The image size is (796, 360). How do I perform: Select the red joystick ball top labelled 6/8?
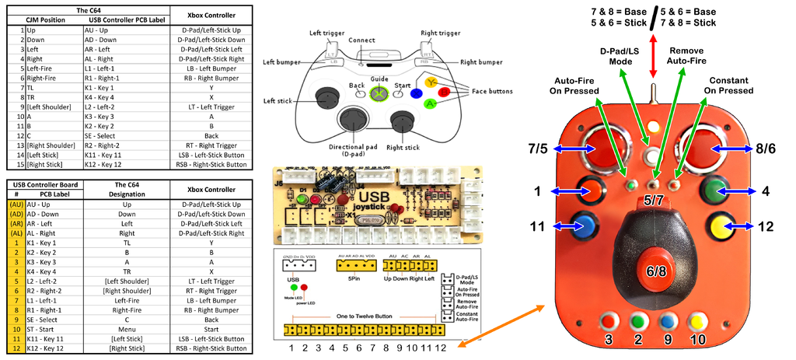click(x=651, y=270)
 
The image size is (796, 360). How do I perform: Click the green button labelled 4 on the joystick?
click(x=714, y=190)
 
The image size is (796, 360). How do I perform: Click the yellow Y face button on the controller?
click(x=431, y=80)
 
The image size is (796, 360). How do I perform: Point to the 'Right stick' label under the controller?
click(x=403, y=147)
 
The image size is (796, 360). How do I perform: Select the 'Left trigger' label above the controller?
click(x=326, y=33)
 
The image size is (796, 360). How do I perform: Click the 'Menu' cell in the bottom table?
click(x=127, y=330)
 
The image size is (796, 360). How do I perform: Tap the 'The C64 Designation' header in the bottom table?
click(x=127, y=189)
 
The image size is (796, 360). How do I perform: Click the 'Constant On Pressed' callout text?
click(x=728, y=86)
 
